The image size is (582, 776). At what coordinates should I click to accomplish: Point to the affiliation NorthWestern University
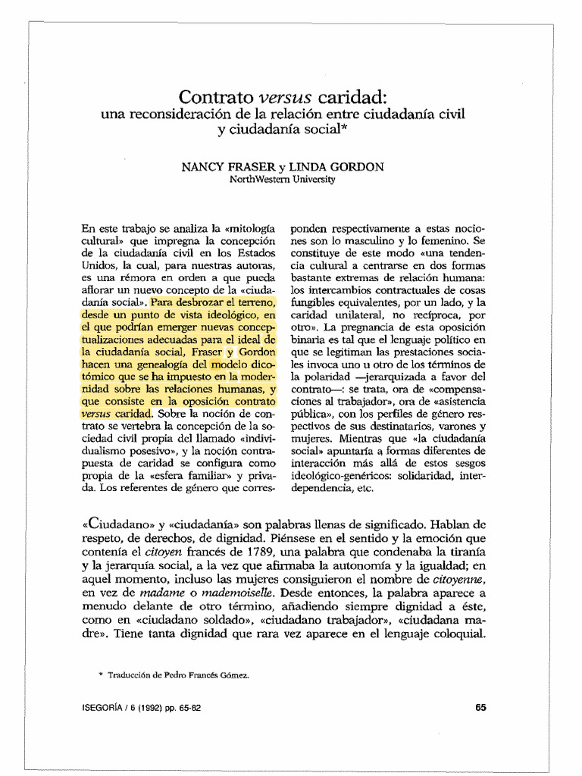pos(282,180)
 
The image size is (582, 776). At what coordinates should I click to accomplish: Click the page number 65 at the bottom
pos(480,707)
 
